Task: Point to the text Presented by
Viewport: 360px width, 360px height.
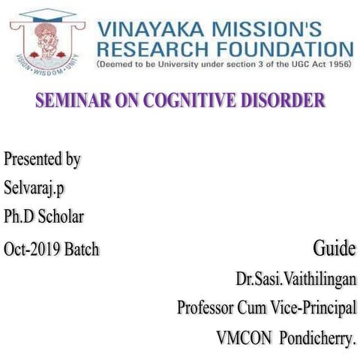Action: click(x=42, y=159)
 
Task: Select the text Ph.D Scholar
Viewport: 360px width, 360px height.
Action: click(x=43, y=217)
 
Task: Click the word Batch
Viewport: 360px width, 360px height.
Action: click(x=81, y=248)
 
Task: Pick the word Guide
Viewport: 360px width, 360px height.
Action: click(x=334, y=248)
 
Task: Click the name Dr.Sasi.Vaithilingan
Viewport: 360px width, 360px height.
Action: click(x=295, y=278)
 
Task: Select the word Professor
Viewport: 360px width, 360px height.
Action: click(x=205, y=307)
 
